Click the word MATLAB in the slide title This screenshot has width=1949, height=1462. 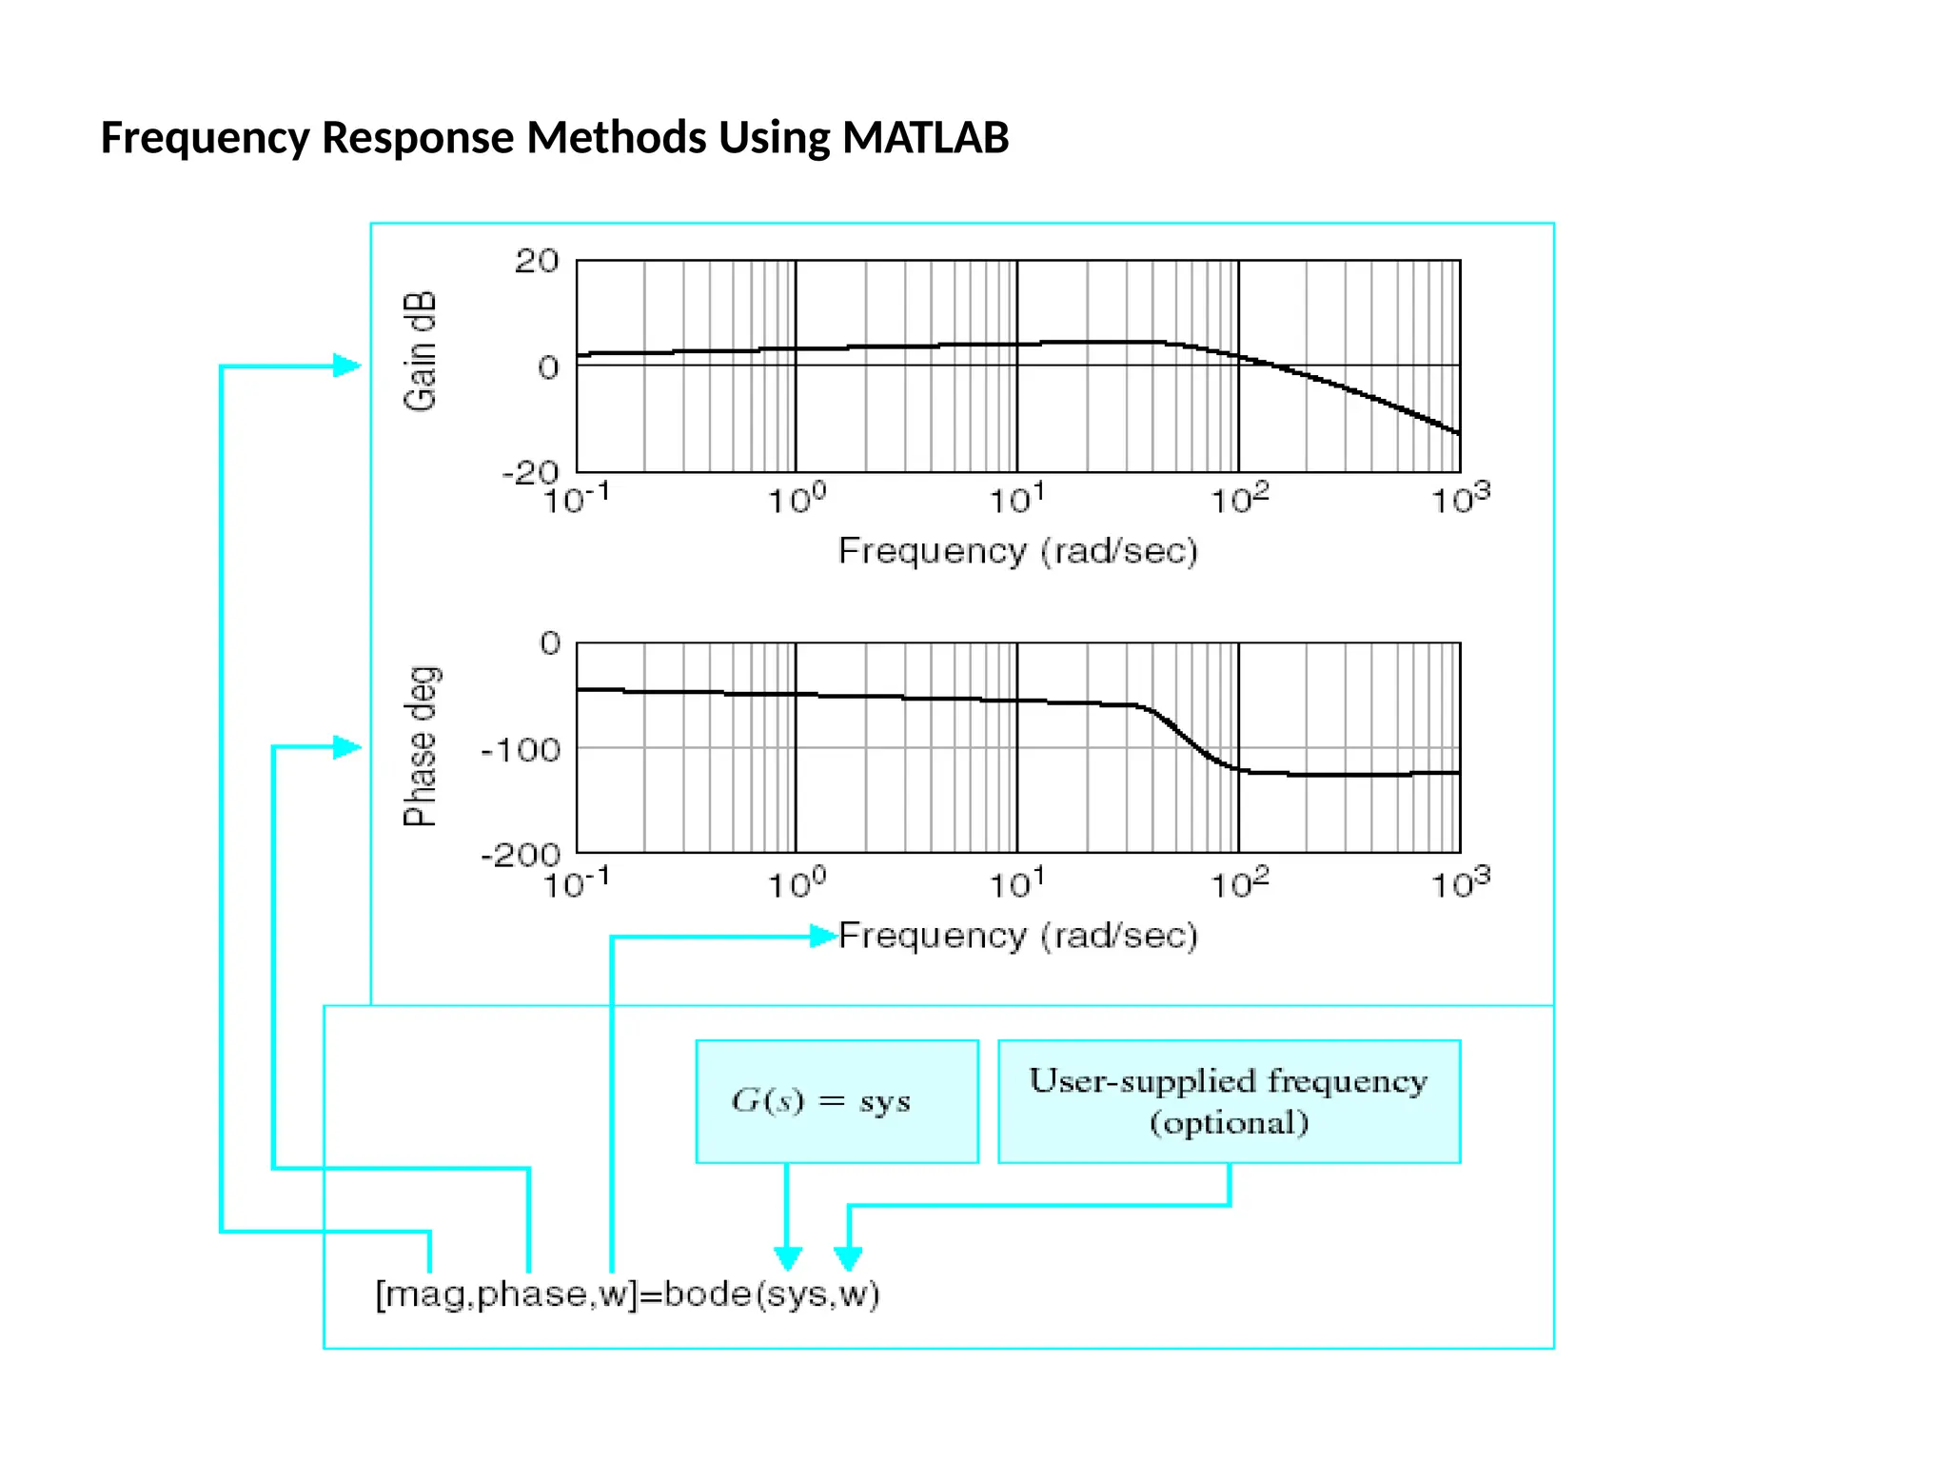925,138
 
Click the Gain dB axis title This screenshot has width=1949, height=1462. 420,351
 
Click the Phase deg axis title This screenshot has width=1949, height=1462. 420,746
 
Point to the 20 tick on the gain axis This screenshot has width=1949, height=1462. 537,261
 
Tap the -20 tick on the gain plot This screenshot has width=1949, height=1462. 531,471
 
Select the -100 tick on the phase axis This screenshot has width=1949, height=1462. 521,750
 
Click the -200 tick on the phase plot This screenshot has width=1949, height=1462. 521,854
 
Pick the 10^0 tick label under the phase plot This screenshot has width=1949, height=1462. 796,883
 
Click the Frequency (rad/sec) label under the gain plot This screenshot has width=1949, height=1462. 1017,551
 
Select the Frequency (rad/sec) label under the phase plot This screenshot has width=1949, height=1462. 1017,936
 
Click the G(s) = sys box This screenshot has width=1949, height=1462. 837,1101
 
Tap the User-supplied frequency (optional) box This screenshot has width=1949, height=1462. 1229,1101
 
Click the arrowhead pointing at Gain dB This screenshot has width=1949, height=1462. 347,365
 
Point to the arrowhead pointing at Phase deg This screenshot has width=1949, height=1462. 347,747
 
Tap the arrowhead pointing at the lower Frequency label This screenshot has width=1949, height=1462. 823,937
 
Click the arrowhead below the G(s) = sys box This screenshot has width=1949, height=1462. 787,1258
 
